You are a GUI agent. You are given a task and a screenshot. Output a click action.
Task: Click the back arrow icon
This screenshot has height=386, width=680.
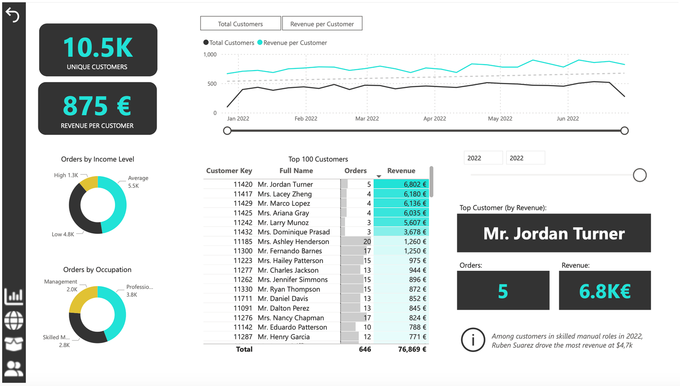pos(12,15)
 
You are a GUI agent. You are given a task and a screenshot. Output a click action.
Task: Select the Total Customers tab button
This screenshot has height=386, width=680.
pos(241,24)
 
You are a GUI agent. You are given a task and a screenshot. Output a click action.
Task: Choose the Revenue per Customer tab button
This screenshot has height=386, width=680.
pos(322,24)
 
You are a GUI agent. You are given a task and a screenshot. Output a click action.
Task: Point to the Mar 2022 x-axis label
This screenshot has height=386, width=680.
pos(367,119)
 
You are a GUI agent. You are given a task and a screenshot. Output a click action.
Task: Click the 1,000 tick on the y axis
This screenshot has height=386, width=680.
pos(210,54)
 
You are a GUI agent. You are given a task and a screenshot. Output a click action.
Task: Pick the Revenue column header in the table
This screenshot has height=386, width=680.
pos(401,170)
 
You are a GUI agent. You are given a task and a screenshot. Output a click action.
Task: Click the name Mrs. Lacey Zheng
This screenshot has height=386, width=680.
pos(284,194)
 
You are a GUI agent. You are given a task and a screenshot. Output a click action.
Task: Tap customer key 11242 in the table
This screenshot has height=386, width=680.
pos(243,222)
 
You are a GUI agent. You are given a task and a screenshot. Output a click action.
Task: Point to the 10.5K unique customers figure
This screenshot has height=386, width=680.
pos(98,47)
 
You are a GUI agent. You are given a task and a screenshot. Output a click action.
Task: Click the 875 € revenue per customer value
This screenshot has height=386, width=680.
pos(97,106)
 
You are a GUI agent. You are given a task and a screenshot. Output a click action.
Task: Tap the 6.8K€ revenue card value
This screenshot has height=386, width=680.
pos(604,291)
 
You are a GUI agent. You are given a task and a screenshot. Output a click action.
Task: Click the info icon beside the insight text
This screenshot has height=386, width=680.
pos(473,340)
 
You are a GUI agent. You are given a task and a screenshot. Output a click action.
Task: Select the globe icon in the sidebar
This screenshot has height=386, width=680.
pos(14,320)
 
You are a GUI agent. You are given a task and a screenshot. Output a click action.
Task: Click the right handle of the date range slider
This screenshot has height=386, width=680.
pos(624,131)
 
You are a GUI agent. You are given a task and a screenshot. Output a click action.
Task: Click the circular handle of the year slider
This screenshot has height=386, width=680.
pos(639,175)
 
